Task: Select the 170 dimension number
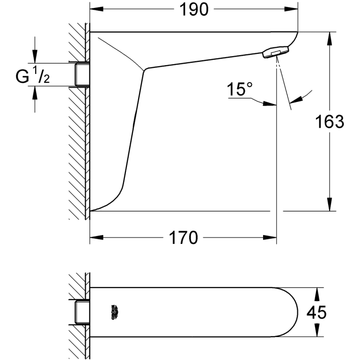click(x=183, y=239)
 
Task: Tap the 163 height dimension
click(x=330, y=121)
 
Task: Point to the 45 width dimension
click(x=316, y=312)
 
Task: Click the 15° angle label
click(x=240, y=90)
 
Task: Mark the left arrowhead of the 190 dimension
click(x=95, y=9)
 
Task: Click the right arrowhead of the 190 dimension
click(x=293, y=9)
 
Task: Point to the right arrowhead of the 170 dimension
click(x=271, y=239)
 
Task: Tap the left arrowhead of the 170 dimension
click(x=95, y=239)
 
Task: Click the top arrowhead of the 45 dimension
click(x=317, y=291)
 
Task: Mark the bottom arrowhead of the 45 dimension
click(x=317, y=332)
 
